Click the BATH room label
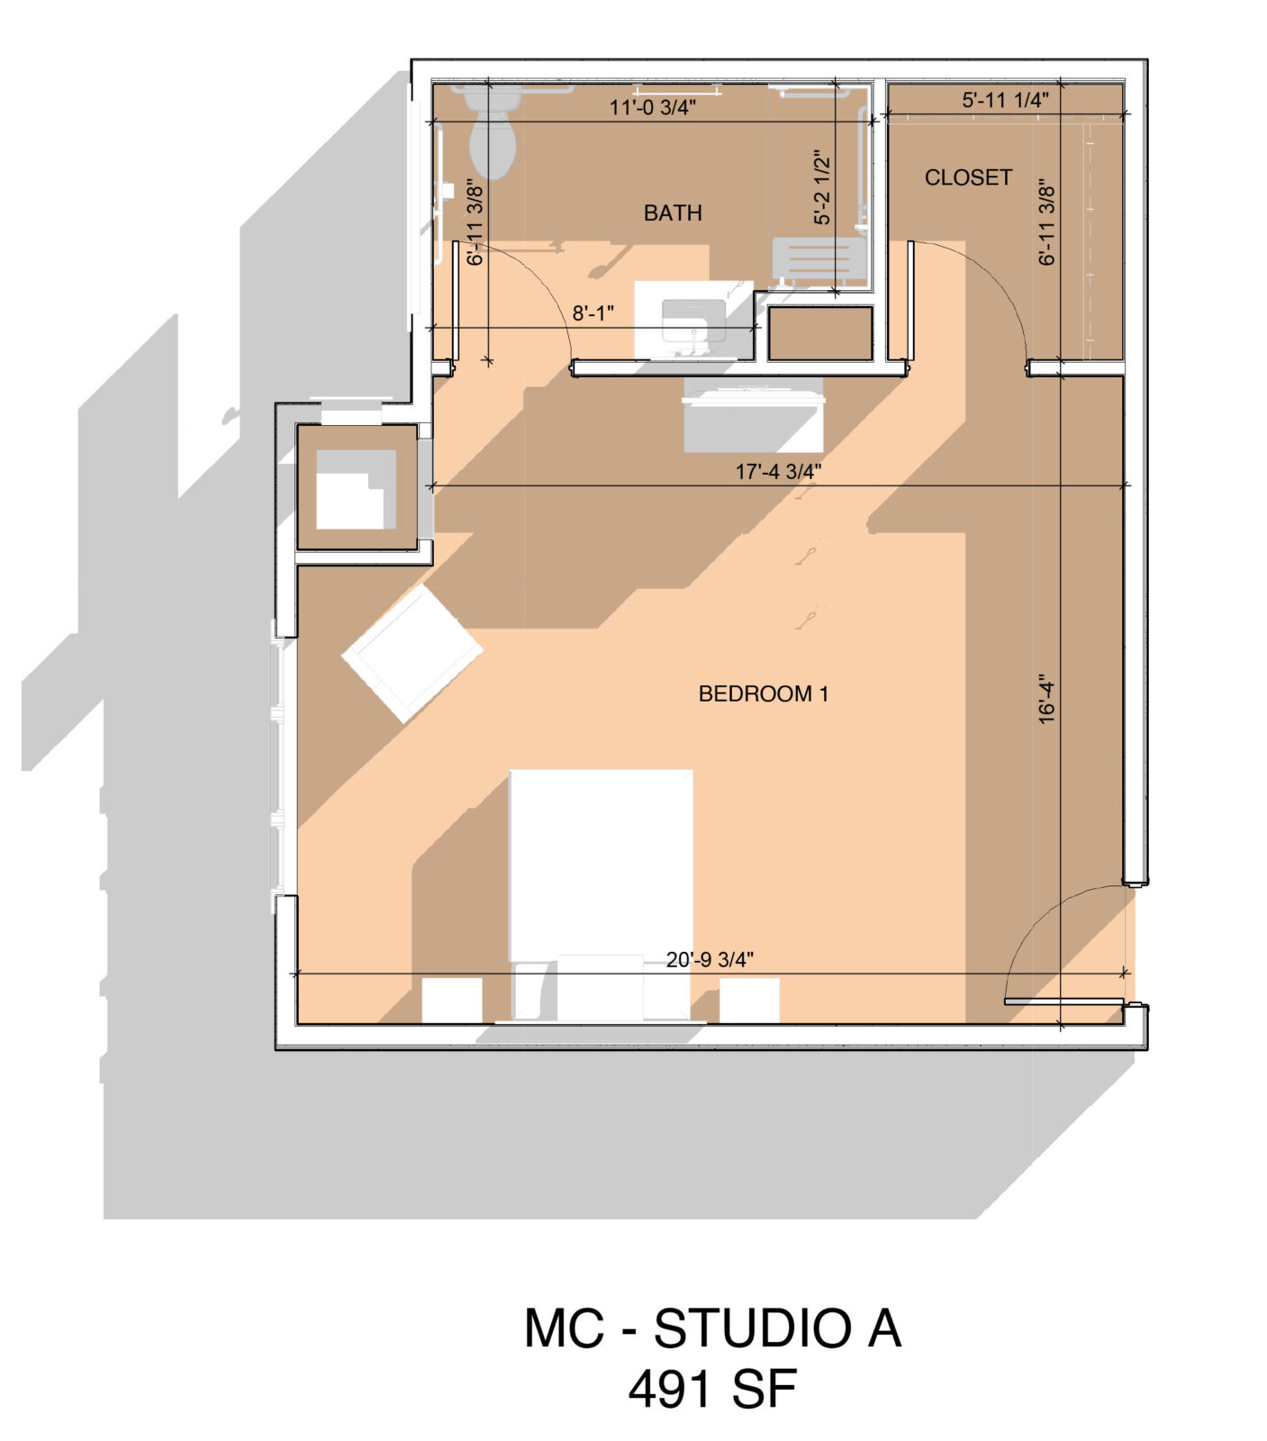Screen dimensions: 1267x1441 coord(672,213)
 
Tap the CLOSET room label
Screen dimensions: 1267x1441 coord(968,177)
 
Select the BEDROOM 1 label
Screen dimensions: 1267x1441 coord(763,693)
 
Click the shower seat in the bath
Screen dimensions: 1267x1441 coord(812,262)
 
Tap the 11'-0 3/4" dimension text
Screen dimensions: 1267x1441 coord(653,107)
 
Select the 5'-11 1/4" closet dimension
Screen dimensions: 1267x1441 coord(1005,100)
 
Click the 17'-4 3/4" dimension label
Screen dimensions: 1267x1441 coord(778,471)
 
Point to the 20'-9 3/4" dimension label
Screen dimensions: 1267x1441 coord(710,960)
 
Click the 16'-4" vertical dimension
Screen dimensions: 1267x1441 coord(1045,700)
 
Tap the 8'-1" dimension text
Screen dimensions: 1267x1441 coord(593,313)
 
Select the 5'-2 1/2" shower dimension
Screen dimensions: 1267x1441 coord(822,187)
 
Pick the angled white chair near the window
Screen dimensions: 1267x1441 coord(412,653)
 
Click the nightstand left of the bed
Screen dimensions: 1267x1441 coord(452,1001)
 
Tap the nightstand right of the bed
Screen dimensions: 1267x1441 coord(749,1001)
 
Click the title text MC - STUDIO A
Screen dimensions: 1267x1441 coord(712,1328)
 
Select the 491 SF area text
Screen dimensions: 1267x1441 coord(712,1389)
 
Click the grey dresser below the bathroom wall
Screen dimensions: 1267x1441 coord(753,414)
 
